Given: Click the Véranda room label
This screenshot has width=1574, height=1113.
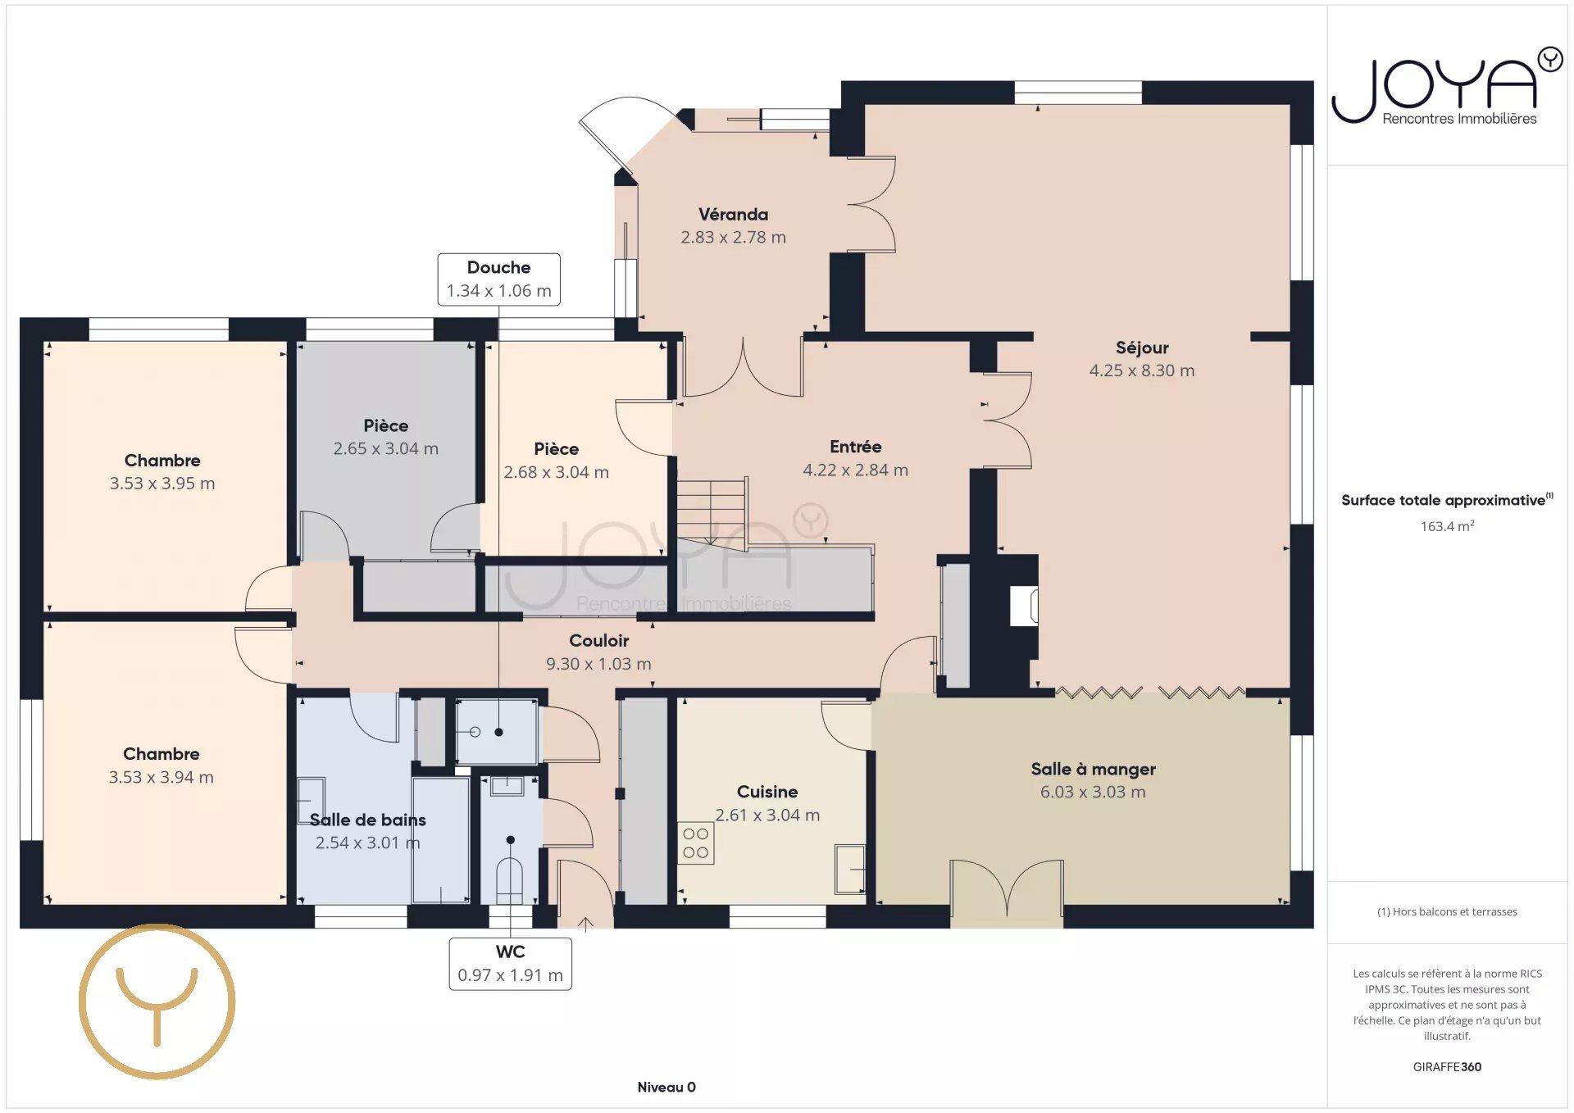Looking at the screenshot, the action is click(733, 215).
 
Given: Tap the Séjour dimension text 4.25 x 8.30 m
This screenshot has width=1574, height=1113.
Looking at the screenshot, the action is click(1141, 370).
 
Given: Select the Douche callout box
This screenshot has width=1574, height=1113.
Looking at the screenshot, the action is click(498, 279).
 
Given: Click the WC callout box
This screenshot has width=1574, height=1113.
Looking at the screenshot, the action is click(510, 964).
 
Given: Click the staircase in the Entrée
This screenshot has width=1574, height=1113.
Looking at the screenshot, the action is click(712, 512).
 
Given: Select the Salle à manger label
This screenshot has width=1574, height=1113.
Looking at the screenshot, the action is click(1093, 770).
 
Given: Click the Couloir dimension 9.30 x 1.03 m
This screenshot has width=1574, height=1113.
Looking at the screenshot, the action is click(598, 664).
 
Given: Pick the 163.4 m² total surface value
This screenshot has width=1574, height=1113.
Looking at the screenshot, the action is click(1447, 526).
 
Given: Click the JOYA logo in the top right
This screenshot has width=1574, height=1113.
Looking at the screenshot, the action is click(1447, 87).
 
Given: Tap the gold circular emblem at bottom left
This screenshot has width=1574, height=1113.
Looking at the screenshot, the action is click(157, 1002).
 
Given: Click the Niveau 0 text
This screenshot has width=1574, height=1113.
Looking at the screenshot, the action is click(666, 1087).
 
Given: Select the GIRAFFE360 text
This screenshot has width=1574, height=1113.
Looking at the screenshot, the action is click(1447, 1066).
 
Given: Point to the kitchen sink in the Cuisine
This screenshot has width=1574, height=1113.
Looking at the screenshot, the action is click(850, 869).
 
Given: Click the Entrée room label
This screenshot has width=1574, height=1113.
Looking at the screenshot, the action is click(855, 447).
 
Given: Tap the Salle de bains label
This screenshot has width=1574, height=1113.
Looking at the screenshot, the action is click(367, 820).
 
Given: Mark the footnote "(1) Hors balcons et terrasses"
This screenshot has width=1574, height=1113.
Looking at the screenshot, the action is click(1447, 911).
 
